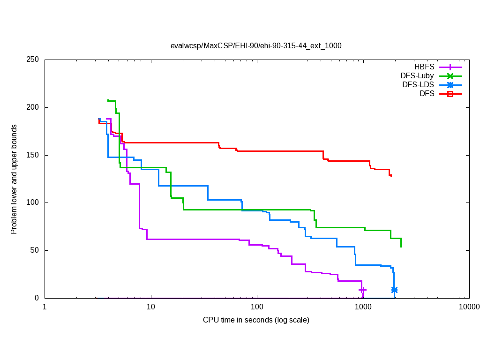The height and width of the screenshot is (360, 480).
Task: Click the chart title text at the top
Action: coord(256,46)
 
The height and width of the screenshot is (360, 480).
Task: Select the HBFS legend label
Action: coord(424,67)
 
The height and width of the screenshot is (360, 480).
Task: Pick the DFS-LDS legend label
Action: coord(418,85)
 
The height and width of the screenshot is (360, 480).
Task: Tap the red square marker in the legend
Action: coord(450,94)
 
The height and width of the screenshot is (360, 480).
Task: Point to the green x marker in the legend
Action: coord(450,76)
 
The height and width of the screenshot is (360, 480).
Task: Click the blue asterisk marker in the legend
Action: coord(450,85)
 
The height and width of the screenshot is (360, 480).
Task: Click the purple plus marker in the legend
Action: coord(450,67)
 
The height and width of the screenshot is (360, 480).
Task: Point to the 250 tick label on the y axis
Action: coord(32,60)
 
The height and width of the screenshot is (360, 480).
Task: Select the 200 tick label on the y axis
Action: coord(32,107)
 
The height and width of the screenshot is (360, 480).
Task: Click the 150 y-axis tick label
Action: coord(32,155)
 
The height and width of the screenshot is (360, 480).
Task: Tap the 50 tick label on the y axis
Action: coord(34,250)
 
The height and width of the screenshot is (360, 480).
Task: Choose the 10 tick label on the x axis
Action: coord(150,307)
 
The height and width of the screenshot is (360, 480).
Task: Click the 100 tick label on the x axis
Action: coord(257,307)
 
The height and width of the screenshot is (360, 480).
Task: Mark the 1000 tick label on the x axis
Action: coord(363,307)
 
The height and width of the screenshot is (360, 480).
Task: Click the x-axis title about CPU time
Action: coord(256,320)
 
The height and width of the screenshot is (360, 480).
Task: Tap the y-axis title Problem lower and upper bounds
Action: coord(14,180)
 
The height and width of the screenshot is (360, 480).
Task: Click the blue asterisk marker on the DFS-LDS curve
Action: coord(394,290)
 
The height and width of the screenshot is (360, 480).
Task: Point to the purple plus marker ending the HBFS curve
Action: coord(362,290)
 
